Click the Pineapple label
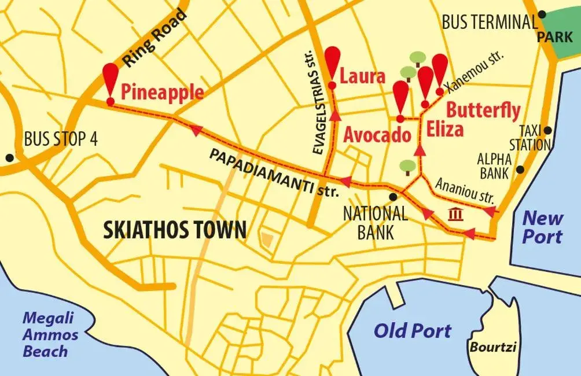(x=162, y=91)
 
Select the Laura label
(x=362, y=76)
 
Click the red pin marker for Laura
(x=332, y=60)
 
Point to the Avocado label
(x=377, y=135)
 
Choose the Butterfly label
(x=483, y=110)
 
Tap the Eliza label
(x=445, y=130)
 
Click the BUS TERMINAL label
(x=490, y=22)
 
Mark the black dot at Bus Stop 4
(x=9, y=157)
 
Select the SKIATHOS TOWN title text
(x=174, y=230)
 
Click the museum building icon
(x=455, y=215)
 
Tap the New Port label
(x=542, y=227)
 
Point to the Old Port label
(x=412, y=330)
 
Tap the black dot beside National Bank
(x=393, y=197)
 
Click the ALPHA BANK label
(x=494, y=165)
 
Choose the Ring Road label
(x=155, y=39)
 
